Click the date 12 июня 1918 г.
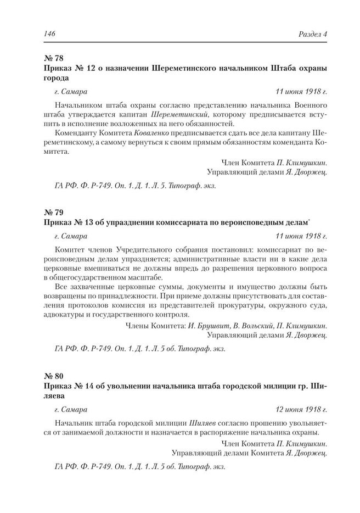301,409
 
